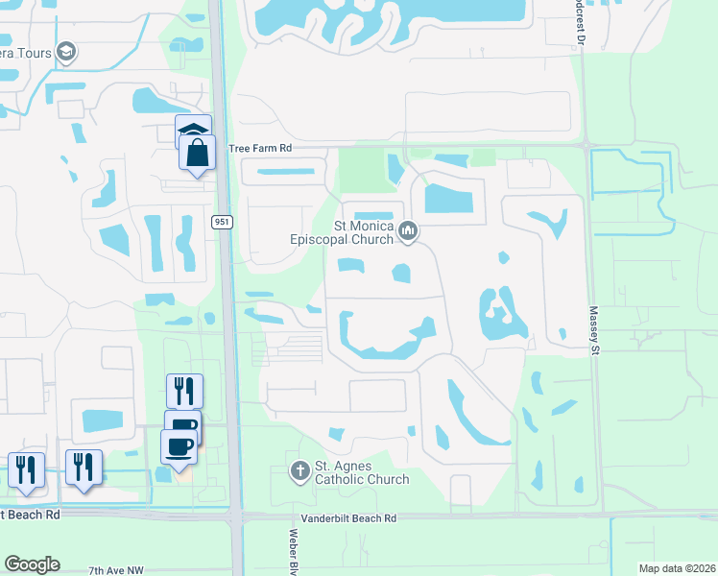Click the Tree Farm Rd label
coord(259,149)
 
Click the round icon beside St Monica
coord(410,229)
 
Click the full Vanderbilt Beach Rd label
coord(348,518)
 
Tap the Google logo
coord(32,564)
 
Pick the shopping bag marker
coord(197,153)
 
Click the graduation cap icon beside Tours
coord(66,52)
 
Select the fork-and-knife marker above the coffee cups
coord(184,391)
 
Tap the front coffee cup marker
coord(179,446)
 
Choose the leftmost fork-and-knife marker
coord(25,469)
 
